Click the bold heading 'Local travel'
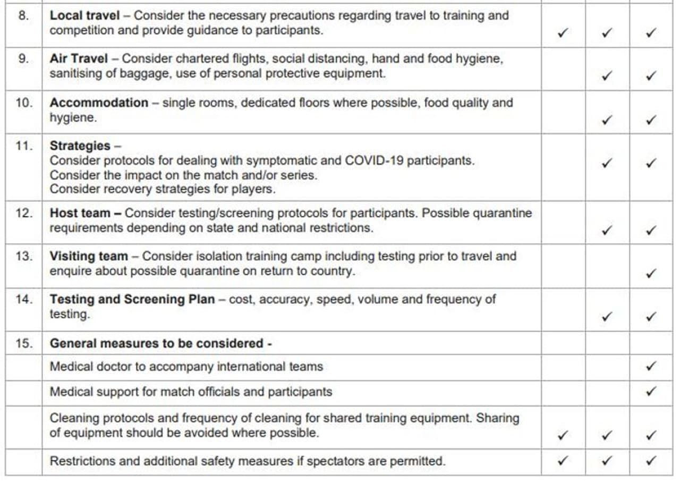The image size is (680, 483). coord(84,15)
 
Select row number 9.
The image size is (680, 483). coord(23,58)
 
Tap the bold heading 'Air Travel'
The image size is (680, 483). coord(79,58)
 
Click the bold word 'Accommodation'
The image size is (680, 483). coord(99,102)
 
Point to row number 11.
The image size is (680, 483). coord(23,146)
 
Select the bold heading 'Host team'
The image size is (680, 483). coord(80,213)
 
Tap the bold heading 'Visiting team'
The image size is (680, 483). coord(89,256)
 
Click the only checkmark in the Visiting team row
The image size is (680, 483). coord(651,274)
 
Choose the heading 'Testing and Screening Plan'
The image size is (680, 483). coord(132,299)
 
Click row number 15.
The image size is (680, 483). coord(23,343)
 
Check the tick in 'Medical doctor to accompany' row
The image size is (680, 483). coord(651,366)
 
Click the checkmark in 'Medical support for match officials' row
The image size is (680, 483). coord(651,392)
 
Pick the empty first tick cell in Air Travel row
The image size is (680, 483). coord(563,69)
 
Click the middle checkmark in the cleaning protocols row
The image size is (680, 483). coord(607,435)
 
